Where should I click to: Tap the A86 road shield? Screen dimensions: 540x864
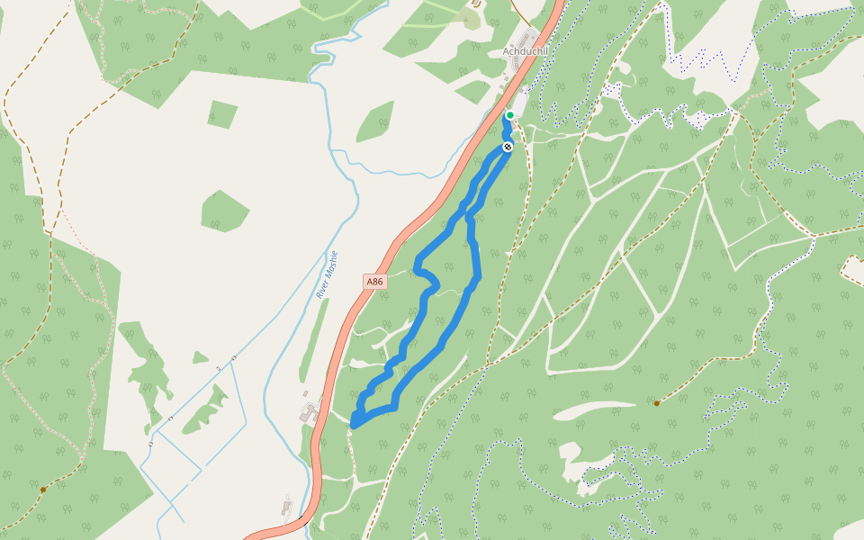click(x=375, y=282)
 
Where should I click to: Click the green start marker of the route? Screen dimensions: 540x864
click(x=509, y=115)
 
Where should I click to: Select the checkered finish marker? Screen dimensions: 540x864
click(x=508, y=147)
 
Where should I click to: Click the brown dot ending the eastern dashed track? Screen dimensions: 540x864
click(x=657, y=403)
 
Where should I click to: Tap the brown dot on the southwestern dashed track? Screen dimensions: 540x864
click(x=43, y=490)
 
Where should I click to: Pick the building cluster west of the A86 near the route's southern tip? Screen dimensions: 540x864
click(x=310, y=413)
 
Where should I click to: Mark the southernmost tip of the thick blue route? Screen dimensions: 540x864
click(x=354, y=425)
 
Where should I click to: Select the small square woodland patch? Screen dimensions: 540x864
click(x=222, y=113)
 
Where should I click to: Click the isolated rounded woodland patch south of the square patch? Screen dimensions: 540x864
click(x=224, y=211)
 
